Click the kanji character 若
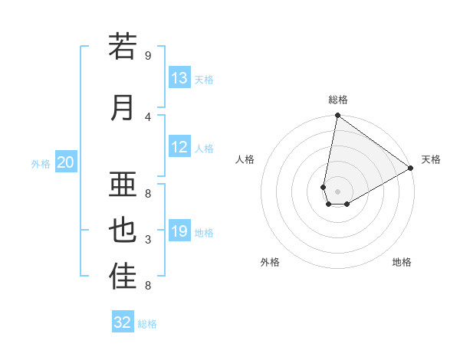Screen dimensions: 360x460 click(123, 47)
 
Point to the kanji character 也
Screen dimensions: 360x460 click(123, 231)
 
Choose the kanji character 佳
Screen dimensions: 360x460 click(123, 277)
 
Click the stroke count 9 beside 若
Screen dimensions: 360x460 click(148, 55)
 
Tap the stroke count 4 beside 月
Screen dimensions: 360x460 click(148, 116)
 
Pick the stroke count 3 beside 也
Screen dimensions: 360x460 click(148, 240)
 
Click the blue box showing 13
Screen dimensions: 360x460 click(179, 78)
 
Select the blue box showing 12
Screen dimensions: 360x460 click(179, 147)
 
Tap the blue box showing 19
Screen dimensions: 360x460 click(179, 231)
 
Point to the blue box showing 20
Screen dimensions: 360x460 click(66, 162)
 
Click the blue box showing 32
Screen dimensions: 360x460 click(123, 322)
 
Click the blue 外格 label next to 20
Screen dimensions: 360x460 click(41, 163)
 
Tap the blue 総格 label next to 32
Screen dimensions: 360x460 click(147, 324)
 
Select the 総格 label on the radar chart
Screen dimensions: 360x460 click(338, 100)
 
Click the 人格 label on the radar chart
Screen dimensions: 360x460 click(245, 159)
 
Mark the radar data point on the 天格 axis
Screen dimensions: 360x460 click(411, 169)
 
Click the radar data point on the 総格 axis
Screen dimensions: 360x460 click(338, 116)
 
